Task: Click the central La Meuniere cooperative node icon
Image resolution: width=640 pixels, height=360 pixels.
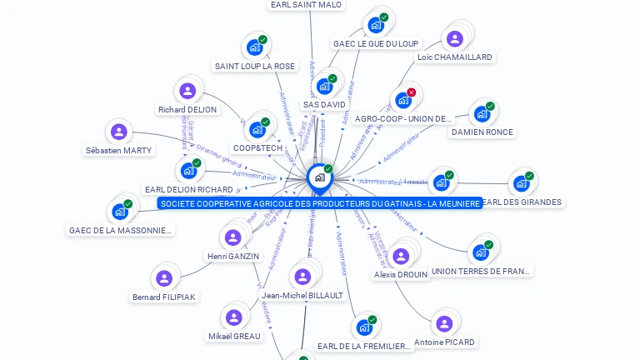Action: pos(318,177)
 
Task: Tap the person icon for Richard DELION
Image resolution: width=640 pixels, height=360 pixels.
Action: pos(187,90)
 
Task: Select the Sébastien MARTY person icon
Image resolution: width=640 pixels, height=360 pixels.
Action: pos(119,132)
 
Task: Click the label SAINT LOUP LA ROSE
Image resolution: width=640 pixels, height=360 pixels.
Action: pos(255,66)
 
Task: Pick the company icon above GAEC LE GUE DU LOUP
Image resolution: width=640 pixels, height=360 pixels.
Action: pos(376,24)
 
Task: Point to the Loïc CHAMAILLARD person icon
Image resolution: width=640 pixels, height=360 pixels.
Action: pos(454,38)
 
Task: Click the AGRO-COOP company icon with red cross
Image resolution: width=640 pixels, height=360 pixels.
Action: pos(403,100)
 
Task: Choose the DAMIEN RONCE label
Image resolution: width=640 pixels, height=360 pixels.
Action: pos(482,132)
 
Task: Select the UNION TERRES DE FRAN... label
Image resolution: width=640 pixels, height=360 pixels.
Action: pos(481,271)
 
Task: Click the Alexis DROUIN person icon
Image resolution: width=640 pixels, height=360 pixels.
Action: pos(400,256)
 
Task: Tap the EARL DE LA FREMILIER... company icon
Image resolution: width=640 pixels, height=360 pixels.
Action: pos(364,327)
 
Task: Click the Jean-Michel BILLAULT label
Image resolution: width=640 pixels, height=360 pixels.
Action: pos(302,295)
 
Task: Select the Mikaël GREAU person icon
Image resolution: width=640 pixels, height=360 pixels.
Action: pos(233,317)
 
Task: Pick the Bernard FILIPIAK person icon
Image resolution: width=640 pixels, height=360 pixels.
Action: pos(164,278)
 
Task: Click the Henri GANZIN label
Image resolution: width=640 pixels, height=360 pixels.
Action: pos(232,256)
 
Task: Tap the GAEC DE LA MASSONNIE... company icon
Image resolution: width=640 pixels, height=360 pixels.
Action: pos(120,211)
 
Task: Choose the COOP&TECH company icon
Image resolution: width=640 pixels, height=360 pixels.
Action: pos(257,129)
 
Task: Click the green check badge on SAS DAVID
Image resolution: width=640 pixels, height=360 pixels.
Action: pos(332,78)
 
